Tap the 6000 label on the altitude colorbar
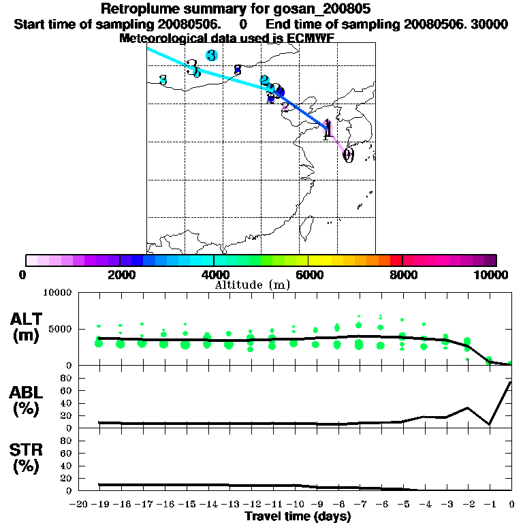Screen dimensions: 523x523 coord(308,274)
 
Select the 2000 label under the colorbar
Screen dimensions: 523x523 coord(120,274)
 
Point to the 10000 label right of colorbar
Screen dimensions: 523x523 coord(490,274)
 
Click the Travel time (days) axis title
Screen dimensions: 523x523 coord(298,517)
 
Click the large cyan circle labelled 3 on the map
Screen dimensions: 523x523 coord(212,55)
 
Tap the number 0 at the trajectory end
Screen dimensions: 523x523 coord(348,156)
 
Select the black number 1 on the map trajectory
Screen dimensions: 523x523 coord(328,128)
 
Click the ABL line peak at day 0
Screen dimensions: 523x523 coord(511,382)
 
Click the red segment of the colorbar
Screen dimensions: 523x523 coord(396,260)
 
